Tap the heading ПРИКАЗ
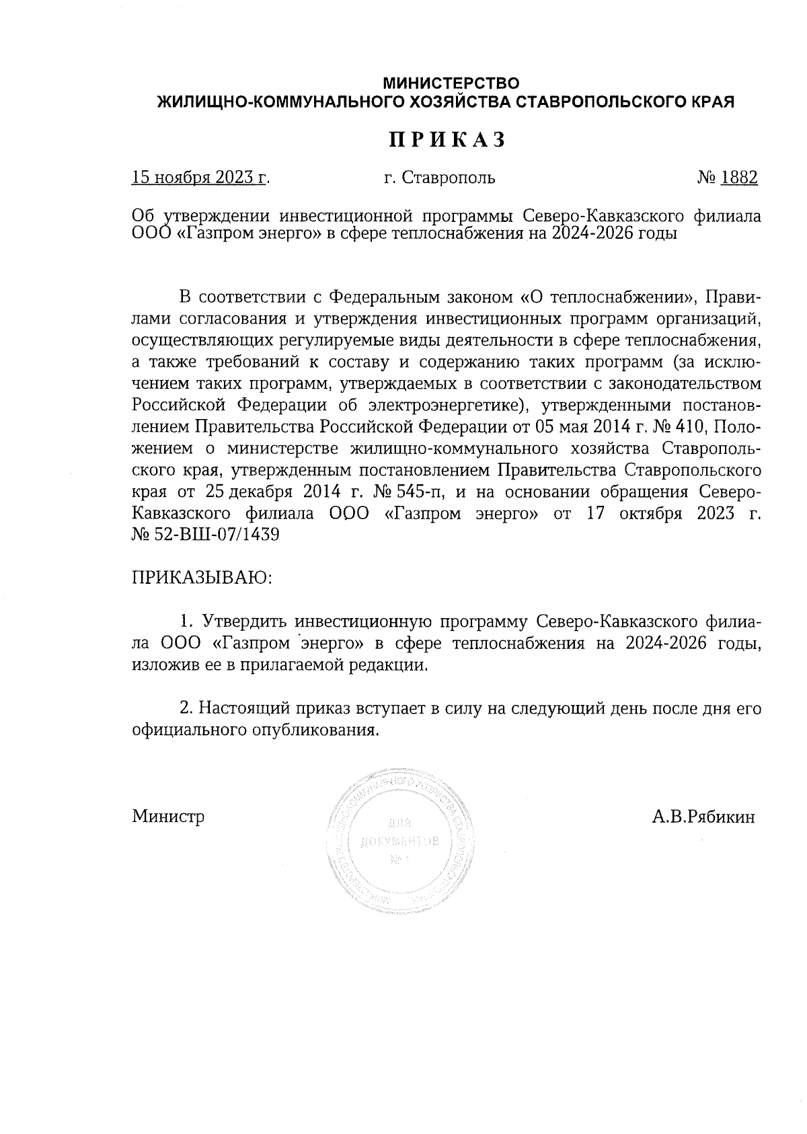point(446,140)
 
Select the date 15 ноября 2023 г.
point(200,178)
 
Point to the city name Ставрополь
point(448,178)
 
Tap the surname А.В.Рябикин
point(703,817)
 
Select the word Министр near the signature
point(168,817)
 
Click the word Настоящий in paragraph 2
point(237,708)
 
